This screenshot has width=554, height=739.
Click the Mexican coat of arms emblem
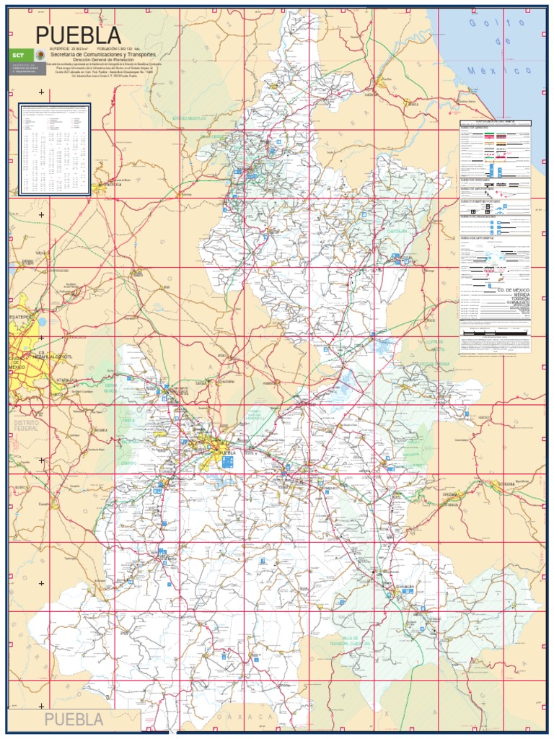pos(39,56)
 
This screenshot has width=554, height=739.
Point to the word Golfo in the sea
pos(483,25)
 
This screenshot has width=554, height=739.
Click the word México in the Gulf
pos(491,71)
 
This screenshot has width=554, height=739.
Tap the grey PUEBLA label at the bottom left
pos(74,720)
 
